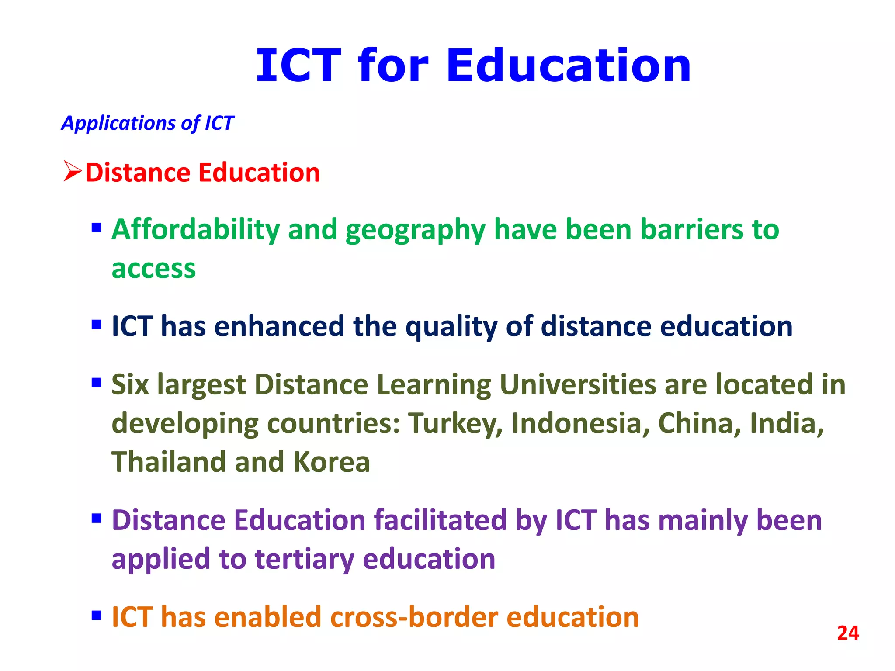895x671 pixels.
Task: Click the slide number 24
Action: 848,633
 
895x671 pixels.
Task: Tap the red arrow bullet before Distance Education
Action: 72,171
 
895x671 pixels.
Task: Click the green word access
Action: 153,268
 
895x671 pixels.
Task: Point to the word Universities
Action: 578,384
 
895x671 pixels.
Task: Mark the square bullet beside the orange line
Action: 97,616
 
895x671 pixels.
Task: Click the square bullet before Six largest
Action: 97,383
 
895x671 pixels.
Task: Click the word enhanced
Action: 279,326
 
